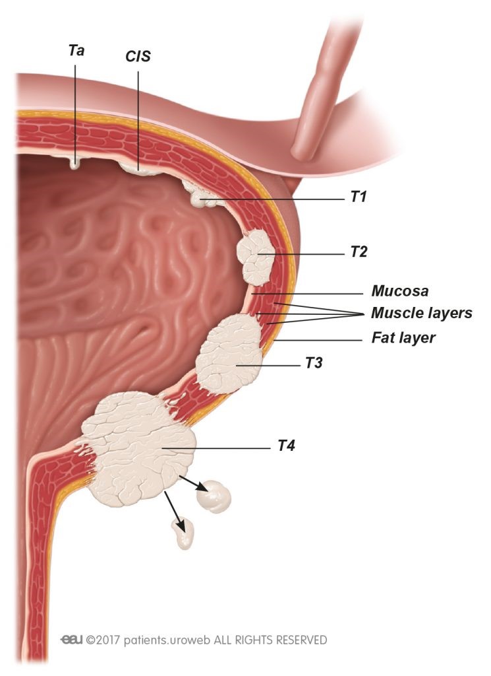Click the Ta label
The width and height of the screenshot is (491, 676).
point(76,50)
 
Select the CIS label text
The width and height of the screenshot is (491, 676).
point(138,56)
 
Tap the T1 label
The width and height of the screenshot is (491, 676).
point(358,197)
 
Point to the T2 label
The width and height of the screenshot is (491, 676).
point(359,252)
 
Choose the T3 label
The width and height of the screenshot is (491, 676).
point(314,363)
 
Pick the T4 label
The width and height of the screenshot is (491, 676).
point(286,446)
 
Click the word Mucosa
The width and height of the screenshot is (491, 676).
point(400,291)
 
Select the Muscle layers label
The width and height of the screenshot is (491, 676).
point(422,313)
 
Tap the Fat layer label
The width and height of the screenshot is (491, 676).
point(403,337)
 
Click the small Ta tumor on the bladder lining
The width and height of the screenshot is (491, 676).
point(74,163)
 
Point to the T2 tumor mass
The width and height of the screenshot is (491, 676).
point(256,257)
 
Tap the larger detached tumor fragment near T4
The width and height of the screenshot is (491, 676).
point(214,496)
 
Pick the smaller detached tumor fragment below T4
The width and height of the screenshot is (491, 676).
point(184,533)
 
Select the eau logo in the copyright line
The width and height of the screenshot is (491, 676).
point(71,640)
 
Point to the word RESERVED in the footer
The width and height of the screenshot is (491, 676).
point(301,639)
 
